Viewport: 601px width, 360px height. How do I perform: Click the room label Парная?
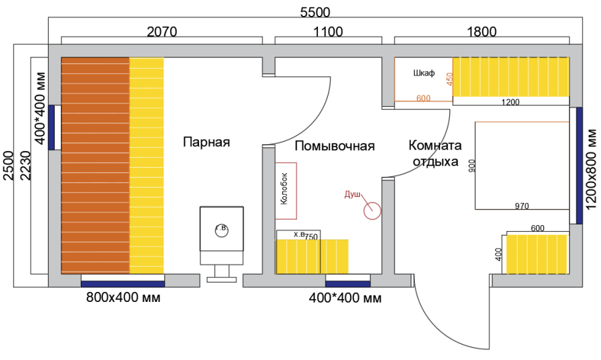(x=206, y=142)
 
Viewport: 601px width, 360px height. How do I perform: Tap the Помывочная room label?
(x=335, y=146)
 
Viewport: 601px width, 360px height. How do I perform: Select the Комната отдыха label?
(x=435, y=154)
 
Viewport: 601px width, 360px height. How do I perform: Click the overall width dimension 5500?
(x=315, y=12)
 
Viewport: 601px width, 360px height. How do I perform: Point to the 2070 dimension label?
(x=162, y=31)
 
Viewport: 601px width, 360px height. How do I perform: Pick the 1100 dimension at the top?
(x=328, y=31)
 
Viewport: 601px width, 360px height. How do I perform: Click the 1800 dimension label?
(x=481, y=31)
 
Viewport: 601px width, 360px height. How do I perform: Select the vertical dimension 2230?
(x=25, y=165)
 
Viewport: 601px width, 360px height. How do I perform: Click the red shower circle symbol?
(x=372, y=211)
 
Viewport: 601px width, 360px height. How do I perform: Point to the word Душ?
(x=352, y=194)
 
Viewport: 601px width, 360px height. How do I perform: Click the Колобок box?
(x=286, y=191)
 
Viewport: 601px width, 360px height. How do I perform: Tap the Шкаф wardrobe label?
(x=424, y=73)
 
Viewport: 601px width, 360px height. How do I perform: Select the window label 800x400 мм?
(x=123, y=297)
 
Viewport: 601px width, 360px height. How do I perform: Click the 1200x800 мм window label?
(x=592, y=169)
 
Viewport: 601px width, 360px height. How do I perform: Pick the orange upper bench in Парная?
(x=95, y=165)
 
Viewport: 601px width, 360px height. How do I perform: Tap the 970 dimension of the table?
(x=522, y=206)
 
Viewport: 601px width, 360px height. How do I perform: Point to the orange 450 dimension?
(x=450, y=79)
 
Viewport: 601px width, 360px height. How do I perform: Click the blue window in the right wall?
(x=579, y=166)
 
